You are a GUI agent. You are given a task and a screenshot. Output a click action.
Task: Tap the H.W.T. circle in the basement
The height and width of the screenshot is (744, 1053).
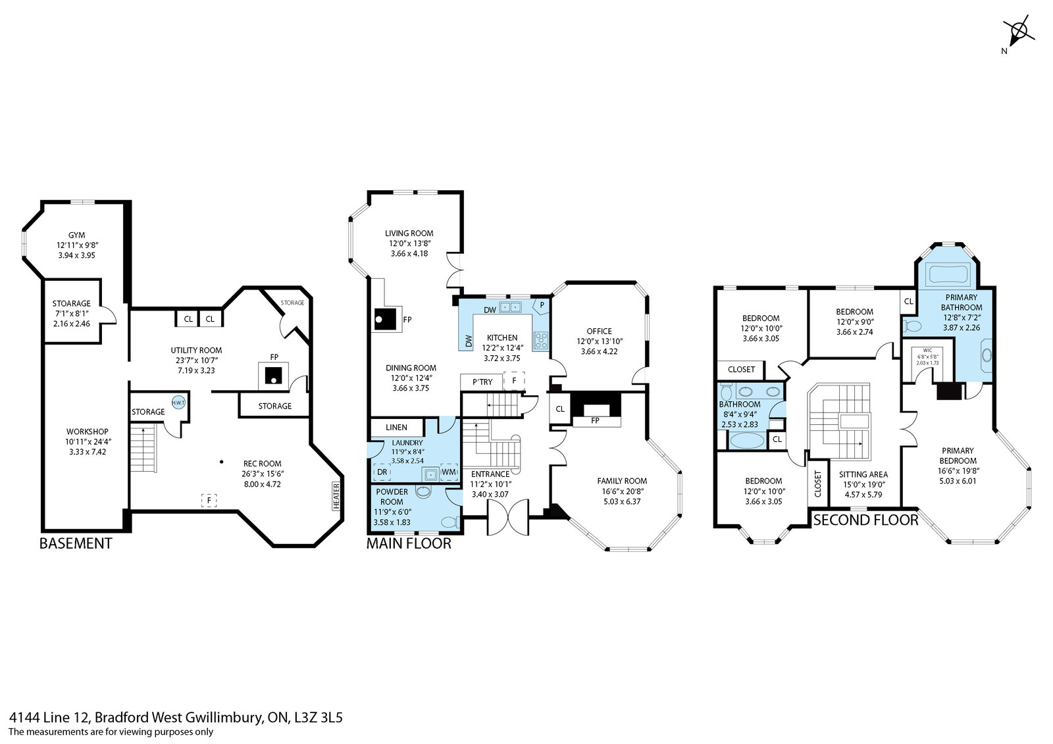(178, 403)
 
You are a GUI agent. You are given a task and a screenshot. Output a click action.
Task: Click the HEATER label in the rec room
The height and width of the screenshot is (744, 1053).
(336, 496)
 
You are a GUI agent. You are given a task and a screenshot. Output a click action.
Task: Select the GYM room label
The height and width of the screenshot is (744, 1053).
(76, 235)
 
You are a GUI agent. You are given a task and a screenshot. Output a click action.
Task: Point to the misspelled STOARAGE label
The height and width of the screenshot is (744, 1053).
(72, 304)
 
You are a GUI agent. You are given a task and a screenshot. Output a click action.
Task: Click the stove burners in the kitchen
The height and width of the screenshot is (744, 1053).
(540, 340)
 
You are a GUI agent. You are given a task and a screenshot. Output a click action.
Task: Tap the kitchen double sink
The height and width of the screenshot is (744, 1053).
(511, 307)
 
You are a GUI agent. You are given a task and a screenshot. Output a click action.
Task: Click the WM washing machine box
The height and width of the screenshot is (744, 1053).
(448, 472)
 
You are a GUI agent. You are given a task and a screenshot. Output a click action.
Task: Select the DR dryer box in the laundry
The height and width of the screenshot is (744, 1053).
(382, 472)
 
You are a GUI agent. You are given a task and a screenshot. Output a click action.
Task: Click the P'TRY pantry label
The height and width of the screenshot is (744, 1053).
(482, 382)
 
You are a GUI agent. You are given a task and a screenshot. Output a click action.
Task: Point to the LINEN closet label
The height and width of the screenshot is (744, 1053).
(396, 427)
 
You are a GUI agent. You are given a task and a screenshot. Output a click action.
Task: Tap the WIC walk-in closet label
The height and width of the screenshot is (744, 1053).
(927, 350)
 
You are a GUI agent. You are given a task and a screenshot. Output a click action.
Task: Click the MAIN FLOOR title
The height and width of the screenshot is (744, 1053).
(409, 544)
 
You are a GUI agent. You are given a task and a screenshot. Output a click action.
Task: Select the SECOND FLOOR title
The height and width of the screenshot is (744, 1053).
(865, 520)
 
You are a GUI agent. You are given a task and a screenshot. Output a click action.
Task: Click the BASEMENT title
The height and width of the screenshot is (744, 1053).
(76, 544)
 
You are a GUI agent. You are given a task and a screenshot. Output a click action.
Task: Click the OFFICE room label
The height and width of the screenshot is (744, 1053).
(600, 332)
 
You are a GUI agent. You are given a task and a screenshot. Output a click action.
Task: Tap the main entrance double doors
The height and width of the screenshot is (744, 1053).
(507, 518)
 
